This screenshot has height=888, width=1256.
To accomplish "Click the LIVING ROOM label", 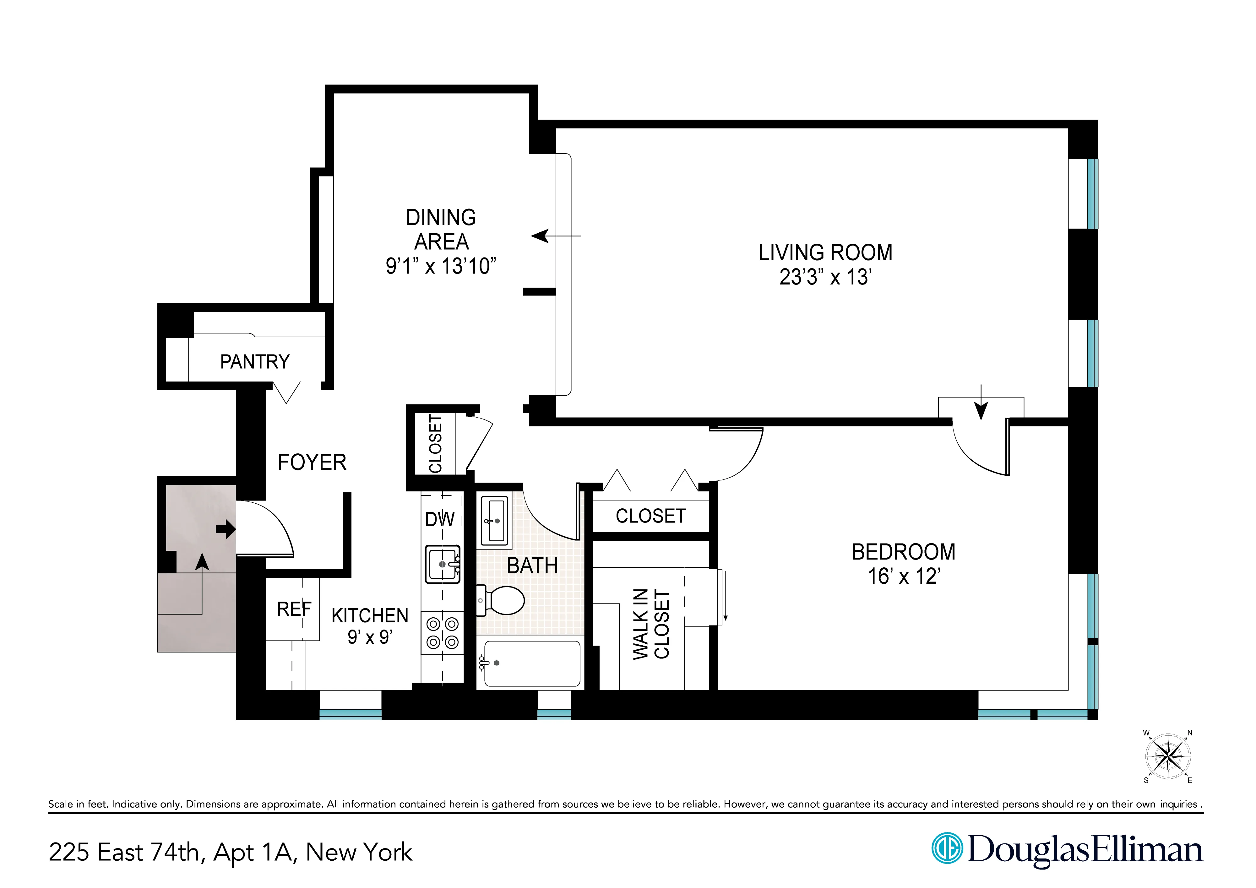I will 825,253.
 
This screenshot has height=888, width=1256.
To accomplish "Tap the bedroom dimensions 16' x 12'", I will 904,577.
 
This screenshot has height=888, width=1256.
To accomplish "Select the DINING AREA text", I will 441,229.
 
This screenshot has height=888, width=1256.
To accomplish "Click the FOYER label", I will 312,463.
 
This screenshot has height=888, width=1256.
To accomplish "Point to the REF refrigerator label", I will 294,609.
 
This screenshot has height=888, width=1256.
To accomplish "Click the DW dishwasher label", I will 440,519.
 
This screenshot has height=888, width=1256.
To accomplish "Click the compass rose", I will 1168,757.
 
